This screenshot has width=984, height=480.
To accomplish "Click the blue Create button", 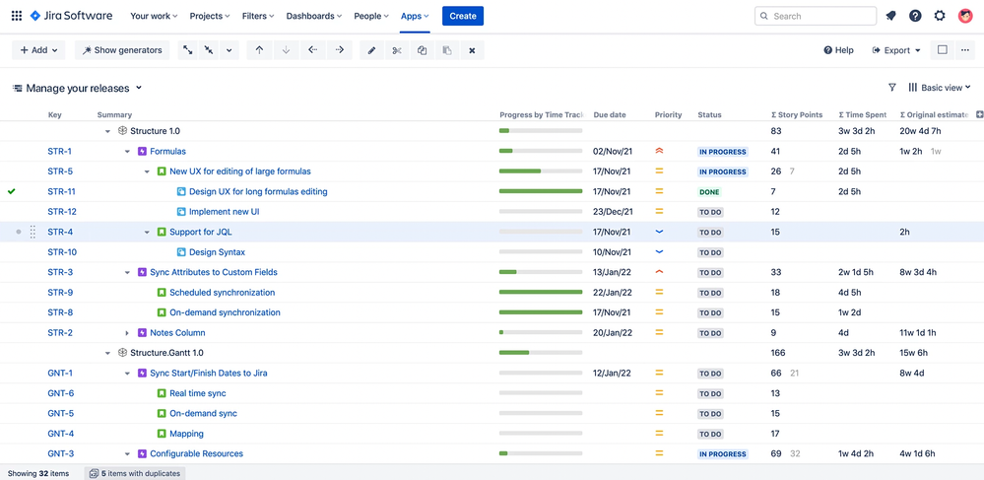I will coord(462,16).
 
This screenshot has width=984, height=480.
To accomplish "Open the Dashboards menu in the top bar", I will coord(313,16).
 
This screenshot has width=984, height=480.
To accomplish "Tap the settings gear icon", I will coord(940,16).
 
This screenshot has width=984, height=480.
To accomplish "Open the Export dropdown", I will coord(896,50).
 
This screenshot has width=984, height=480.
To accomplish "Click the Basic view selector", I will coord(940,88).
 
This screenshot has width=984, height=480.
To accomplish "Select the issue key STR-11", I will coord(61,191).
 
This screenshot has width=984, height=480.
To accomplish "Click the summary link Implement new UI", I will coord(224,212).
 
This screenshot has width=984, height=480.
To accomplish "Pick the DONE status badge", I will coord(709,192).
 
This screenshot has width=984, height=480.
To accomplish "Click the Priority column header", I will coord(668,115).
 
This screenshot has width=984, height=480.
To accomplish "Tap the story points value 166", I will coord(778,353).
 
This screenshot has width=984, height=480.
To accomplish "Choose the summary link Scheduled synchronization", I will coord(222,293).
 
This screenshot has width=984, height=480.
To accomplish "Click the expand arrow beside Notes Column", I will coord(127,333).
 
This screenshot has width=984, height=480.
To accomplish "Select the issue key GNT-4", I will coord(61,434).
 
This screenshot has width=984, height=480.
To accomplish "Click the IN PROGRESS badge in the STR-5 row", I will coord(722,171).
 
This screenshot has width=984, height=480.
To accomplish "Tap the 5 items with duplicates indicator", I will coord(135,473).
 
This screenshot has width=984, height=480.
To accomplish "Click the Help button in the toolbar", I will coord(838,50).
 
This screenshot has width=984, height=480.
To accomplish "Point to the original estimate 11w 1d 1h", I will coord(918,333).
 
